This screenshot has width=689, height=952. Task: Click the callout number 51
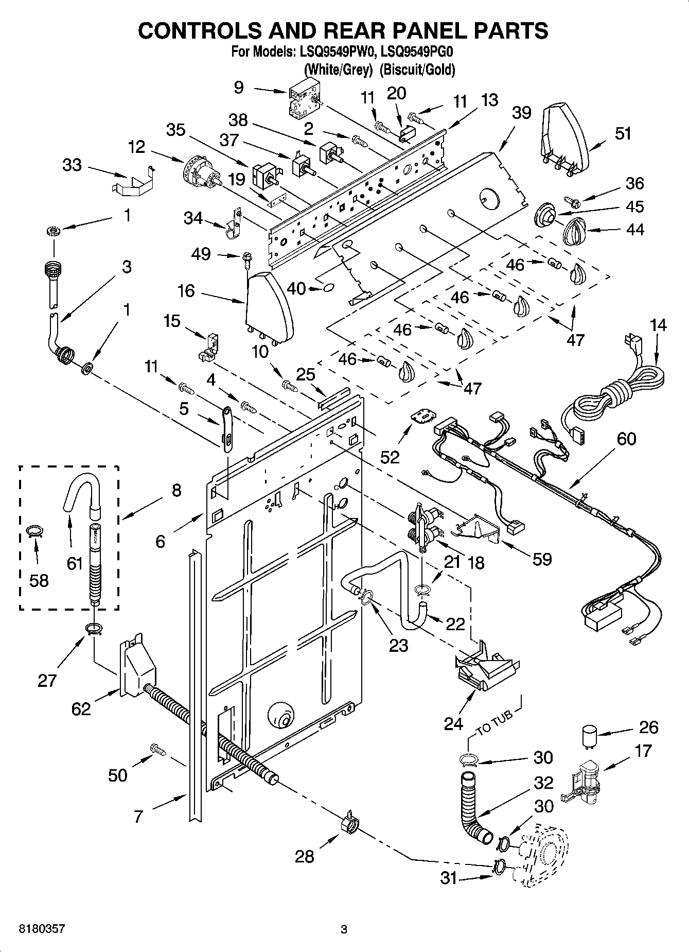[623, 133]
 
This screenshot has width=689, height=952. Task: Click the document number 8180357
[42, 929]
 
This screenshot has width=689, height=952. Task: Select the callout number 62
[81, 708]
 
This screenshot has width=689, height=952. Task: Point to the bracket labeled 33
[132, 181]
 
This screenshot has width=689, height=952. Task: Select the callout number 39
[521, 113]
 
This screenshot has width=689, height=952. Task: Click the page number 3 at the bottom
[344, 929]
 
